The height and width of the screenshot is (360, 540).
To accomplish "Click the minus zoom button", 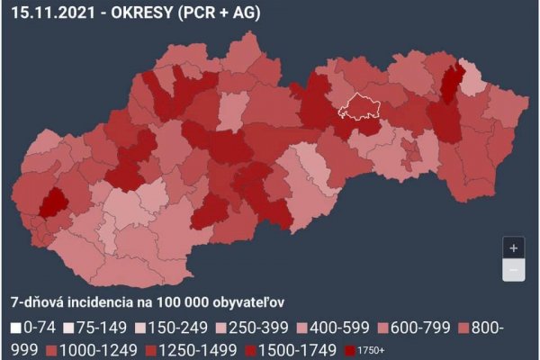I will (513, 270).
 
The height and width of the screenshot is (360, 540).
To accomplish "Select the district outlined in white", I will (362, 107).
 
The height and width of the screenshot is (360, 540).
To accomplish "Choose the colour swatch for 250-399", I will (230, 327).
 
